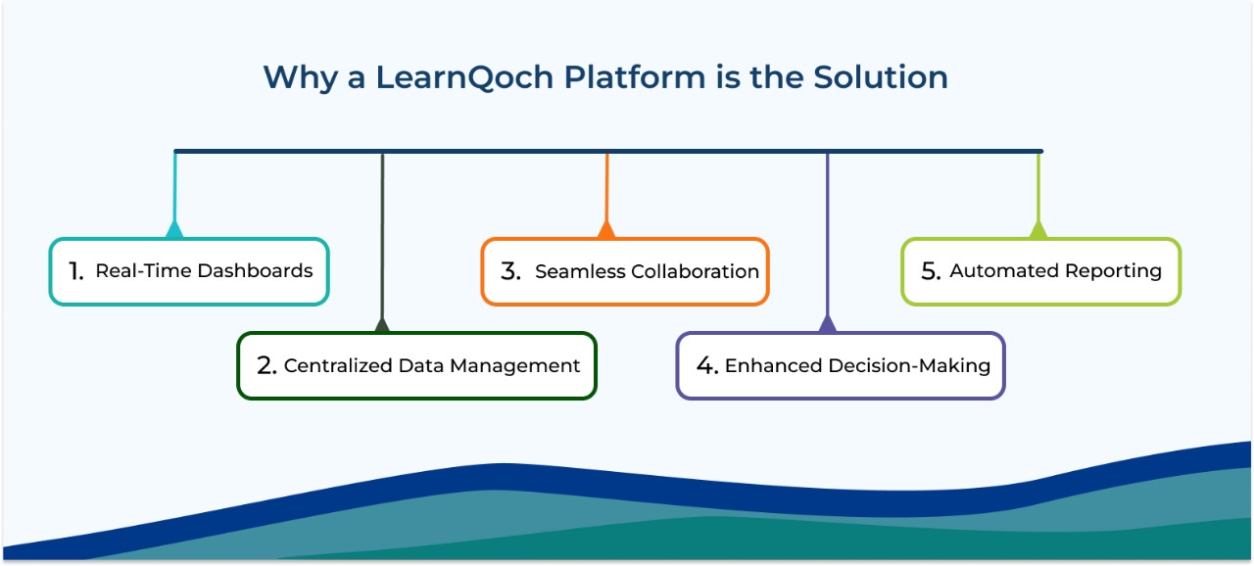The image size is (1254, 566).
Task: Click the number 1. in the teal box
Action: click(76, 271)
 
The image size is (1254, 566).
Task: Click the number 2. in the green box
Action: click(266, 366)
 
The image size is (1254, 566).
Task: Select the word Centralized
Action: click(339, 366)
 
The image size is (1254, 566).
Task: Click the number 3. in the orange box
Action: click(510, 272)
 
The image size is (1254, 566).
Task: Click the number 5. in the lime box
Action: click(931, 271)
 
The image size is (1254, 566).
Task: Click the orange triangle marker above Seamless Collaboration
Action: click(606, 230)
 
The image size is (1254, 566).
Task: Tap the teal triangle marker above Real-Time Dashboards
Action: click(174, 230)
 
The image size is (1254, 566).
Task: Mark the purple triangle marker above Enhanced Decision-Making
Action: click(828, 324)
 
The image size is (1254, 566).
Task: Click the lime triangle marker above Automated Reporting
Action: click(1038, 230)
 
